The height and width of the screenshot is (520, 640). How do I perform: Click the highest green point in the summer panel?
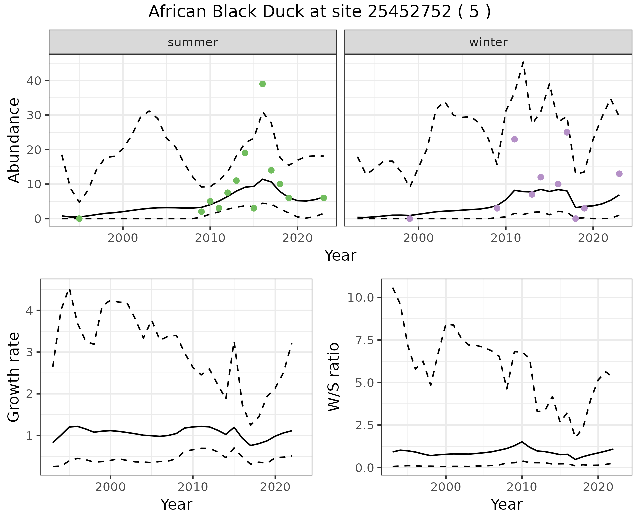[x=262, y=84]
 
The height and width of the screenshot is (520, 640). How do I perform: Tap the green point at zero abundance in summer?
[x=79, y=219]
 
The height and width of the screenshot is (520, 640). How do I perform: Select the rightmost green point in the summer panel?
[x=323, y=198]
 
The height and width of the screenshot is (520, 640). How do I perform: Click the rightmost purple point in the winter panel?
[x=619, y=174]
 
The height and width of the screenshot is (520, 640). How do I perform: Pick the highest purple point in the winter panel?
[x=567, y=132]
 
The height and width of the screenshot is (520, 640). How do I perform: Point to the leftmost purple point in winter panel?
[x=410, y=219]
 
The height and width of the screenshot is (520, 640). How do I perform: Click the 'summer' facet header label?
[x=193, y=42]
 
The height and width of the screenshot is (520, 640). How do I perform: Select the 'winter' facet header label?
[x=488, y=42]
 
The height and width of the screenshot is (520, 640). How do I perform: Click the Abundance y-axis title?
[x=14, y=140]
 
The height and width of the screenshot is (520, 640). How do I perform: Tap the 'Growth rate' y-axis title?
[x=14, y=377]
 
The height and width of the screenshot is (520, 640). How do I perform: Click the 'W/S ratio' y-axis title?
[x=333, y=377]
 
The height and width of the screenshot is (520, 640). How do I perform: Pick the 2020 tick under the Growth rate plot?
[x=275, y=487]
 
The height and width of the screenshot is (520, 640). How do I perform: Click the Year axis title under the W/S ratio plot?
[x=506, y=504]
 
